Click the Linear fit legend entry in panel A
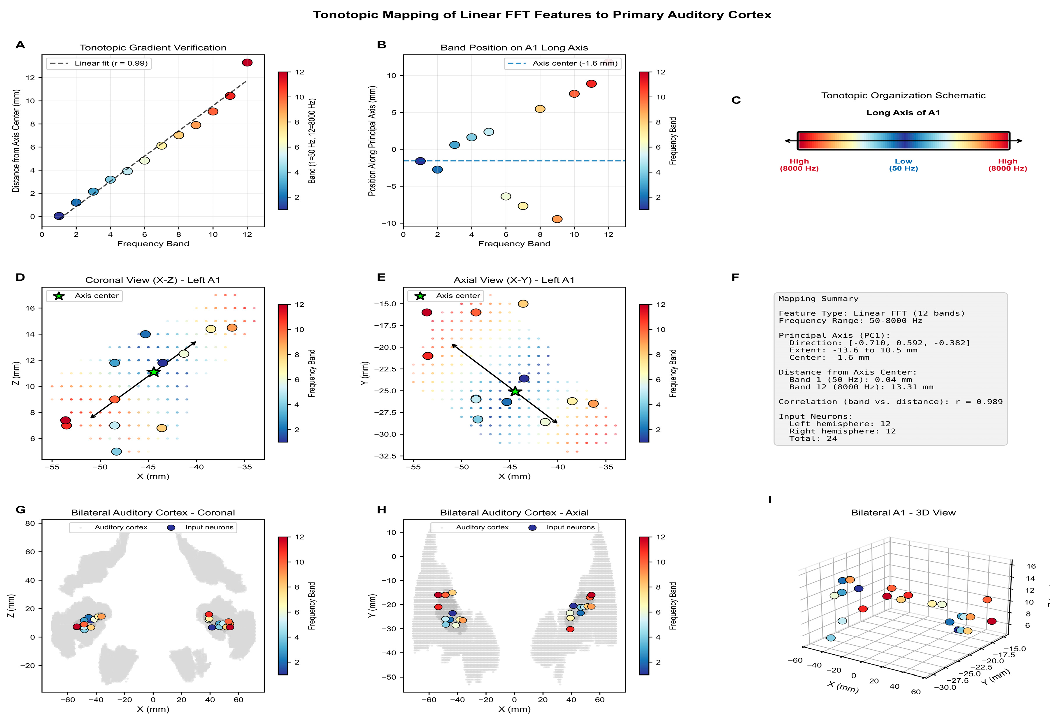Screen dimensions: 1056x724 [x=99, y=63]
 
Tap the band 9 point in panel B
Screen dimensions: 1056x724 [x=557, y=219]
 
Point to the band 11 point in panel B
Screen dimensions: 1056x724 [x=591, y=84]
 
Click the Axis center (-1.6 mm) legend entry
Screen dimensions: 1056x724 [x=562, y=63]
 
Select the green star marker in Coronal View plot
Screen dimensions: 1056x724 [x=154, y=372]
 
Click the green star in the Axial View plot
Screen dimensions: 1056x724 [x=515, y=391]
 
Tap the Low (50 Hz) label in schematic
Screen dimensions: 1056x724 [x=903, y=165]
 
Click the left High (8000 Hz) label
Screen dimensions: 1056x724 [x=799, y=165]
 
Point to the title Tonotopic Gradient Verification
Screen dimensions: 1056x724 [x=153, y=48]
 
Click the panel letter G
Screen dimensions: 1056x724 [x=20, y=509]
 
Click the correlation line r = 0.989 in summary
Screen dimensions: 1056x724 [x=891, y=402]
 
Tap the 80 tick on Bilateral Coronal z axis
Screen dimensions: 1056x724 [x=30, y=523]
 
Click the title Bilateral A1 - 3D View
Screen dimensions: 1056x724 [x=903, y=513]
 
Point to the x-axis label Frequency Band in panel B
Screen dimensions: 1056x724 [x=514, y=244]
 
